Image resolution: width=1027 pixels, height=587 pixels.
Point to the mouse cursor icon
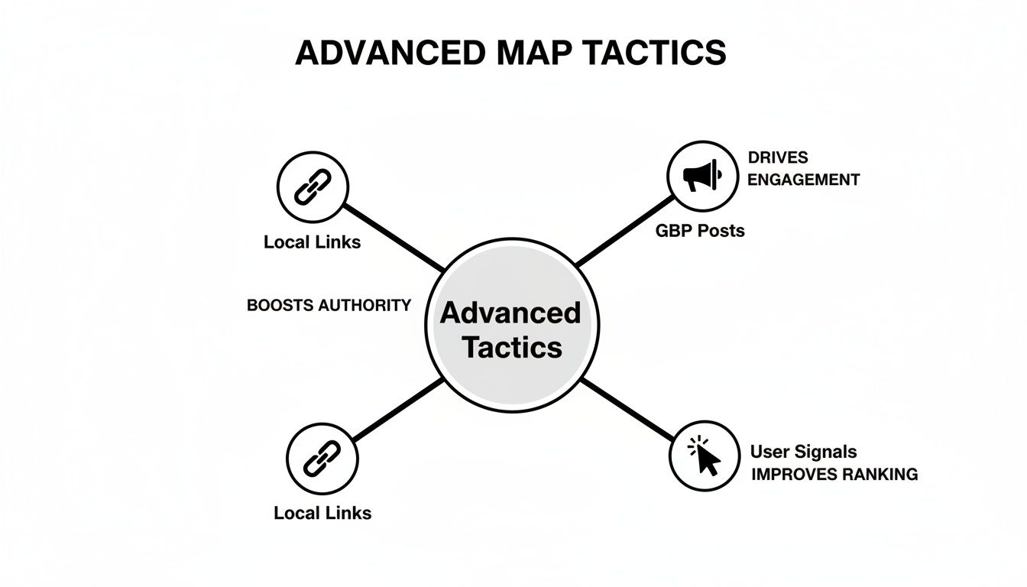pos(705,456)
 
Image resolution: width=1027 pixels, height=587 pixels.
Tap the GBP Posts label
pos(700,230)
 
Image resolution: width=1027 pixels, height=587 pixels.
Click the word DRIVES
pos(777,157)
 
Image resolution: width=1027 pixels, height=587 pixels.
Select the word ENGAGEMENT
pos(803,180)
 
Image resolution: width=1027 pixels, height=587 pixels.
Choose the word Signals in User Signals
pos(828,452)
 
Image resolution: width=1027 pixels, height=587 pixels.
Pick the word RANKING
pos(879,474)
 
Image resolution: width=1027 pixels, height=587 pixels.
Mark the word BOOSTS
pos(280,305)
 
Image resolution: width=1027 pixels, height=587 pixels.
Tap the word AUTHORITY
pos(364,305)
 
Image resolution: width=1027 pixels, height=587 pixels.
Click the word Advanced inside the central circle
pos(510,313)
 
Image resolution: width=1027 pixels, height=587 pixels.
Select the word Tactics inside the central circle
pos(512,348)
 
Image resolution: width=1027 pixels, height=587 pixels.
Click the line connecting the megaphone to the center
pos(624,231)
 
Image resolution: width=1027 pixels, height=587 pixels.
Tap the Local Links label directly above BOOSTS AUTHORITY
pos(312,242)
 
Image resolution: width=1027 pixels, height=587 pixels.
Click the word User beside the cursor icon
pos(770,452)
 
